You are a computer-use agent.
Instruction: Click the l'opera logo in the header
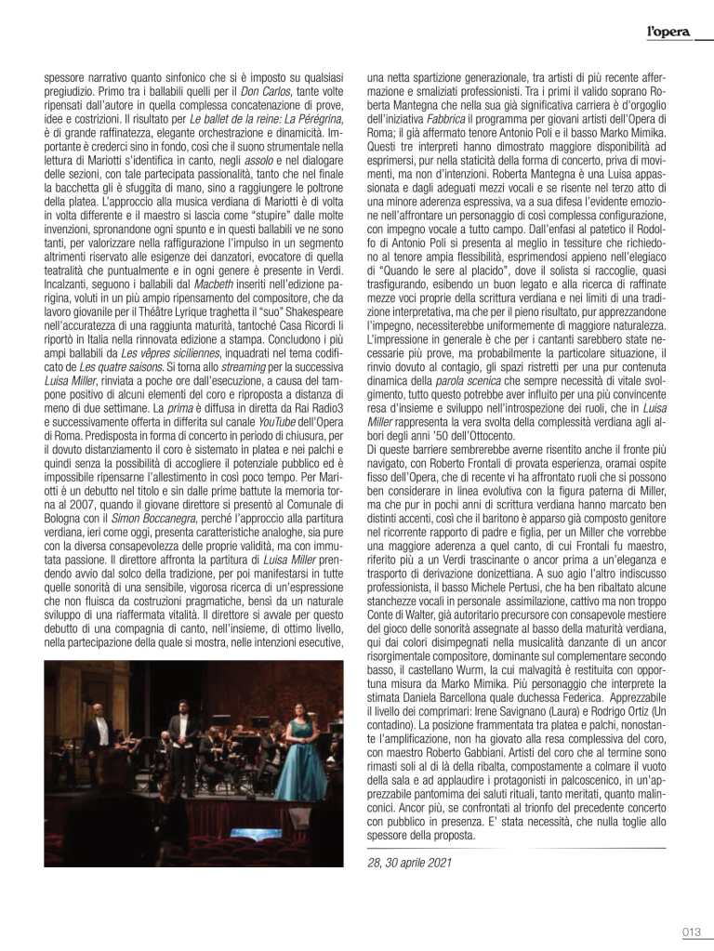point(668,33)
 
